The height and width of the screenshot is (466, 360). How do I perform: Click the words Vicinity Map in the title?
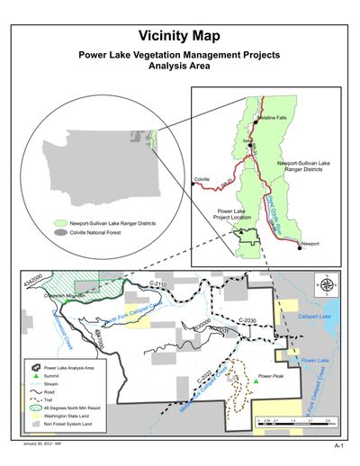tap(180, 36)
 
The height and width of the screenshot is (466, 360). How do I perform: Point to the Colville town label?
tap(202, 180)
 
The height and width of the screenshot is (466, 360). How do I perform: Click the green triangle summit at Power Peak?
tap(256, 381)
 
